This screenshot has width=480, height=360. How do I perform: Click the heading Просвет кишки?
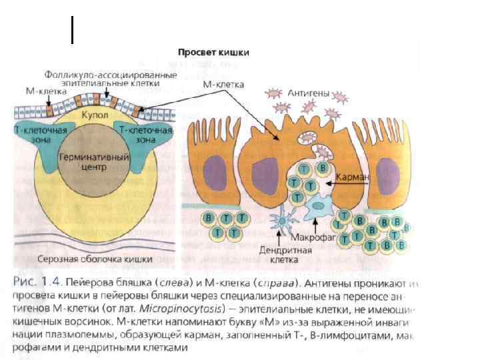tap(213, 53)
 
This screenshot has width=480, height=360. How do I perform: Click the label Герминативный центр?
tap(83, 163)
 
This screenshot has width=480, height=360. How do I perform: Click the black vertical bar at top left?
tap(71, 31)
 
